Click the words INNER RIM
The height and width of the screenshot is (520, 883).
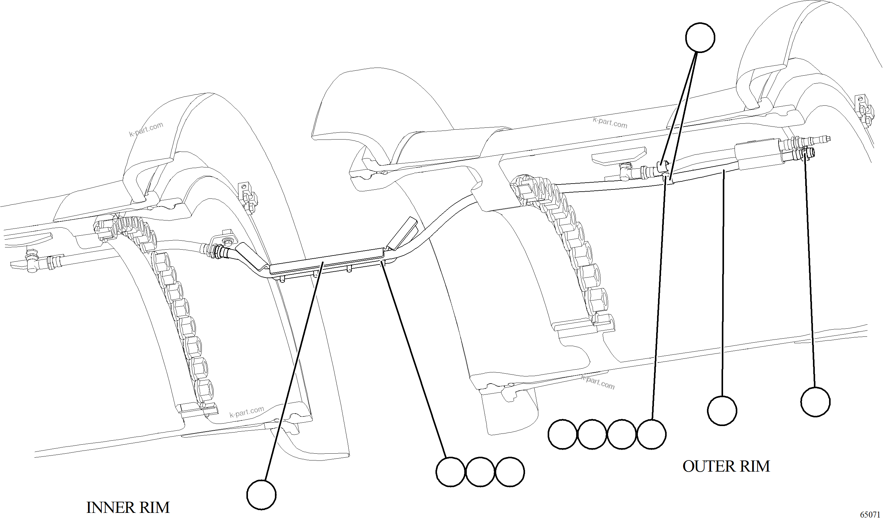click(128, 507)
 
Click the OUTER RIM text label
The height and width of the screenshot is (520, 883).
click(726, 466)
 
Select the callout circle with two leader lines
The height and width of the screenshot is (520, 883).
click(700, 38)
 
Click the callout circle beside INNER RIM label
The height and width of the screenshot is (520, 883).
click(261, 494)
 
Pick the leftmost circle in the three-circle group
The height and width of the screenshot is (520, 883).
click(451, 472)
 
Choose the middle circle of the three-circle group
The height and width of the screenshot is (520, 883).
click(480, 472)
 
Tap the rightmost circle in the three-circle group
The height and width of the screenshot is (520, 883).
click(510, 472)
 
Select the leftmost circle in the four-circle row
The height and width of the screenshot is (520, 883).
click(563, 434)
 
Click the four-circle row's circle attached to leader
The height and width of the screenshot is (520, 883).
click(651, 434)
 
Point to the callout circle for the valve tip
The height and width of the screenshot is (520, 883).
click(815, 402)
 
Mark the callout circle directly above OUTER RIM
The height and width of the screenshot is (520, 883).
click(722, 411)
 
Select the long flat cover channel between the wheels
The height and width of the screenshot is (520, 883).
click(326, 260)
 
